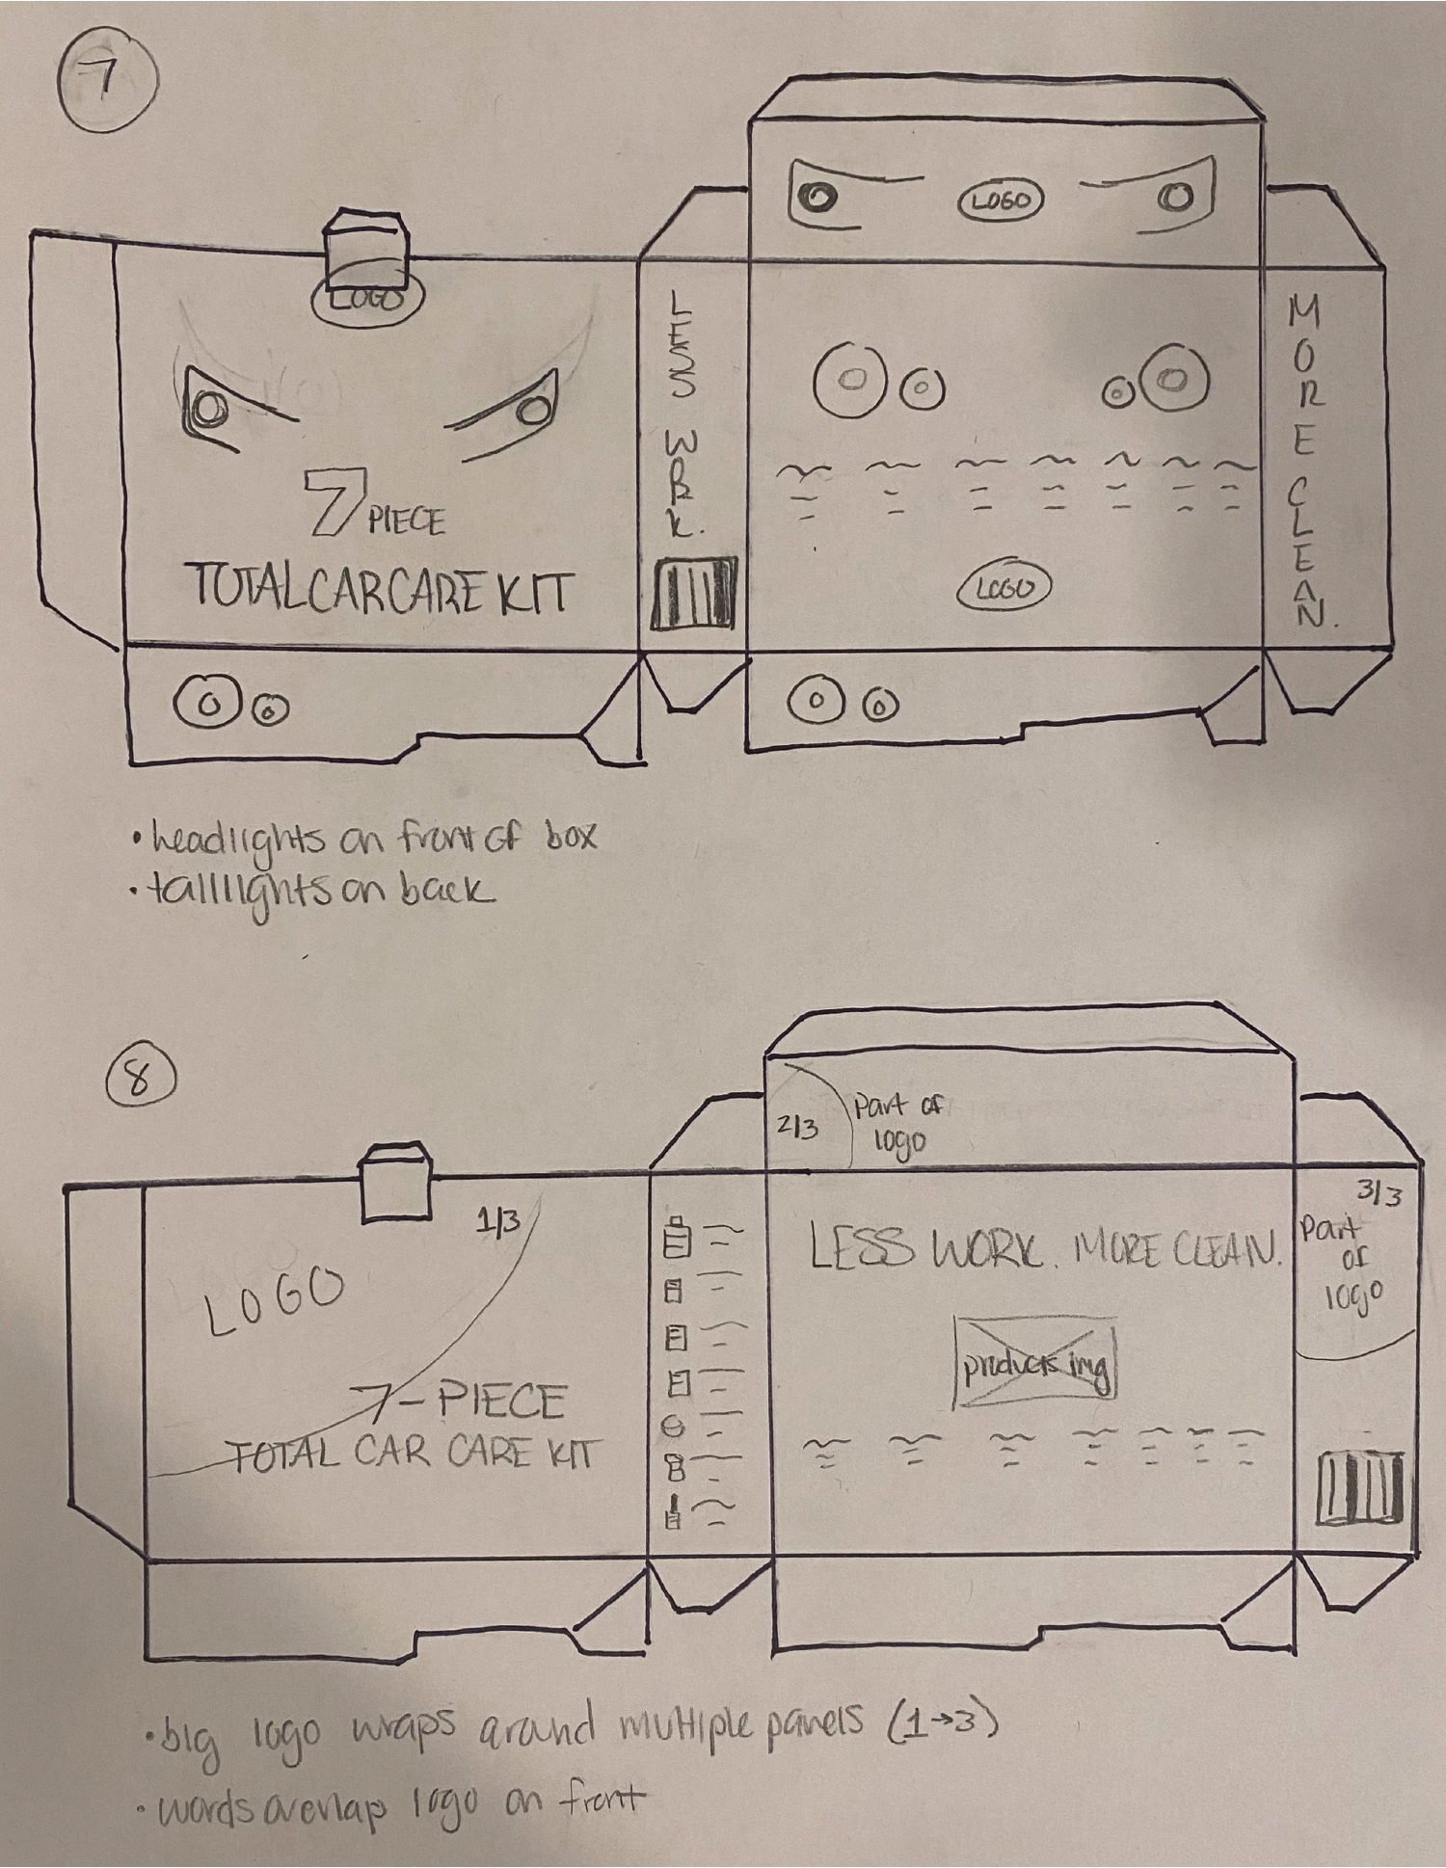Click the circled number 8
click(x=140, y=1080)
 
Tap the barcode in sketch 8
click(x=1359, y=1489)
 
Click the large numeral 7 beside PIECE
click(x=330, y=501)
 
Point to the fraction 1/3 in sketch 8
click(x=497, y=1222)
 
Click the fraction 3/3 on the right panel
click(x=1379, y=1194)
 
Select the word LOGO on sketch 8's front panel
click(x=275, y=1300)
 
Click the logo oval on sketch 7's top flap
click(x=1000, y=200)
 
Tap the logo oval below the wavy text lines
click(x=1003, y=587)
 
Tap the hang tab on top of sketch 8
click(x=395, y=1184)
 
